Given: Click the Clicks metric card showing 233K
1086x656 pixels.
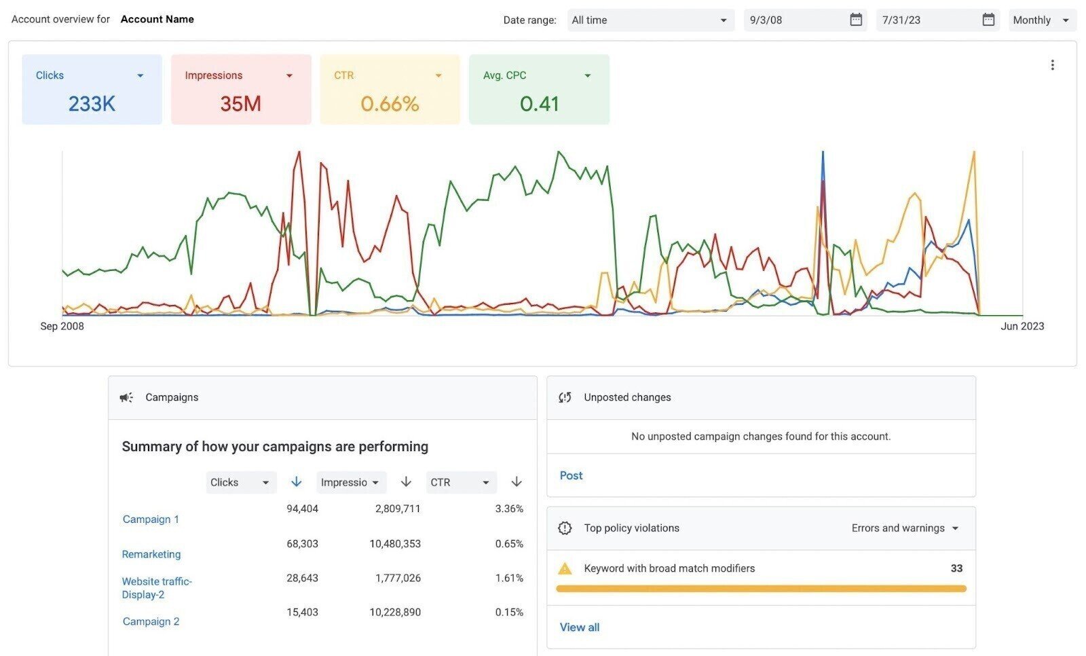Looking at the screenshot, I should pyautogui.click(x=92, y=90).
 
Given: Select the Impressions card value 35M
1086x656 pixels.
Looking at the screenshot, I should pyautogui.click(x=240, y=104).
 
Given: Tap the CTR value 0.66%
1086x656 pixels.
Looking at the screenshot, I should pyautogui.click(x=390, y=104).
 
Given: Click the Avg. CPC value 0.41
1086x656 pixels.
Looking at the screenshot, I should pyautogui.click(x=539, y=104).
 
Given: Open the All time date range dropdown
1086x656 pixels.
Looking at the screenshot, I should pyautogui.click(x=650, y=20).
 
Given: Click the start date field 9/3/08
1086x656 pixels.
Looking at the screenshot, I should pyautogui.click(x=794, y=20).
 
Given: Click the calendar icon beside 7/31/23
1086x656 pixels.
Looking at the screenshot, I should pyautogui.click(x=988, y=20).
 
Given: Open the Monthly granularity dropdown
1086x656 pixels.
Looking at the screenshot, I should pyautogui.click(x=1041, y=20).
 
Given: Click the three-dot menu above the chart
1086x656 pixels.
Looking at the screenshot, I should pyautogui.click(x=1052, y=65).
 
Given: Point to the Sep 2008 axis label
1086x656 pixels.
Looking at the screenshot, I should pyautogui.click(x=62, y=326).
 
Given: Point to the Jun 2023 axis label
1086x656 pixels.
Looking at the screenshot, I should pyautogui.click(x=1022, y=326).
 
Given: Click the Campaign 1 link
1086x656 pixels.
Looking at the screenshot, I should pyautogui.click(x=151, y=519).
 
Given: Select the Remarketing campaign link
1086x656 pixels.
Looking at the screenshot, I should pyautogui.click(x=151, y=554).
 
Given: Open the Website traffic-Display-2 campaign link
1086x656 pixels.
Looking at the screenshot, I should pyautogui.click(x=156, y=587).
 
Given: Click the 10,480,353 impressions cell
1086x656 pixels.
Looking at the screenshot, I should pyautogui.click(x=395, y=543).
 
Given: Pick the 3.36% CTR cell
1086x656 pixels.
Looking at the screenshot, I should pyautogui.click(x=509, y=509).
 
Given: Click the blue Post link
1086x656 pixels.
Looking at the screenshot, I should pyautogui.click(x=571, y=475).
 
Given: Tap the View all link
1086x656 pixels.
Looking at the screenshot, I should pyautogui.click(x=579, y=627).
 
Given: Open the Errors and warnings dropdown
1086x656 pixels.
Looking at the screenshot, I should pyautogui.click(x=904, y=528).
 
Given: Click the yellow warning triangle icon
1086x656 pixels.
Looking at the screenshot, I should pyautogui.click(x=565, y=568).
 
